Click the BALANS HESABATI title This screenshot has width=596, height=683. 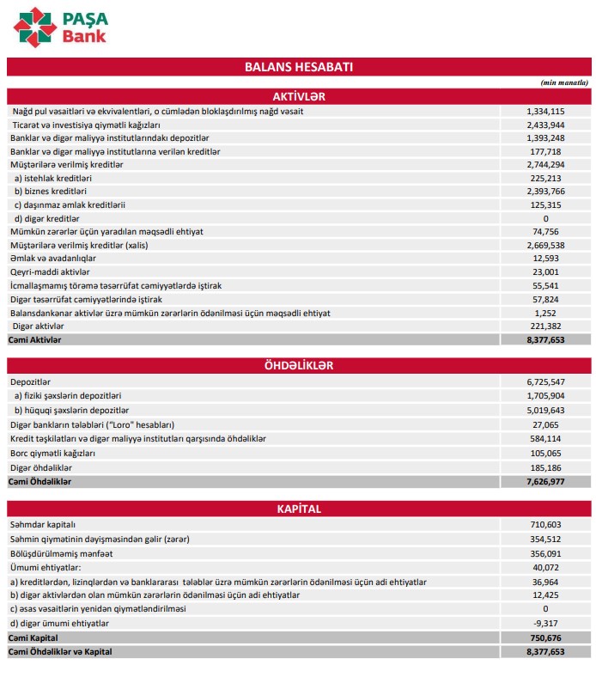coord(299,66)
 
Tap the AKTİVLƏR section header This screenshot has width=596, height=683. coord(298,95)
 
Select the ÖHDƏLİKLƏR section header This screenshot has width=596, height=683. coord(298,365)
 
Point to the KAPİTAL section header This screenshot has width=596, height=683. coord(298,509)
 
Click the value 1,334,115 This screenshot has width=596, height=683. coord(545,112)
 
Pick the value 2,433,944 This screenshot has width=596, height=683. coord(545,125)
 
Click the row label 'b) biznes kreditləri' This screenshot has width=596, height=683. coord(51,191)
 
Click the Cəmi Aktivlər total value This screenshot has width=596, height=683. coord(545,340)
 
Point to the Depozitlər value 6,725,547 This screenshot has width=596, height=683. coord(545,381)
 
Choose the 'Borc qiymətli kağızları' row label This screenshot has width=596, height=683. coord(52,453)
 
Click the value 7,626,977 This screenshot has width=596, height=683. coord(545,482)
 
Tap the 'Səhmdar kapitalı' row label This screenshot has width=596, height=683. coord(43,524)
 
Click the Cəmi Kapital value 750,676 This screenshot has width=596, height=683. coord(546,637)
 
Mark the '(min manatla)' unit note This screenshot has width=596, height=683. coord(564,82)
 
